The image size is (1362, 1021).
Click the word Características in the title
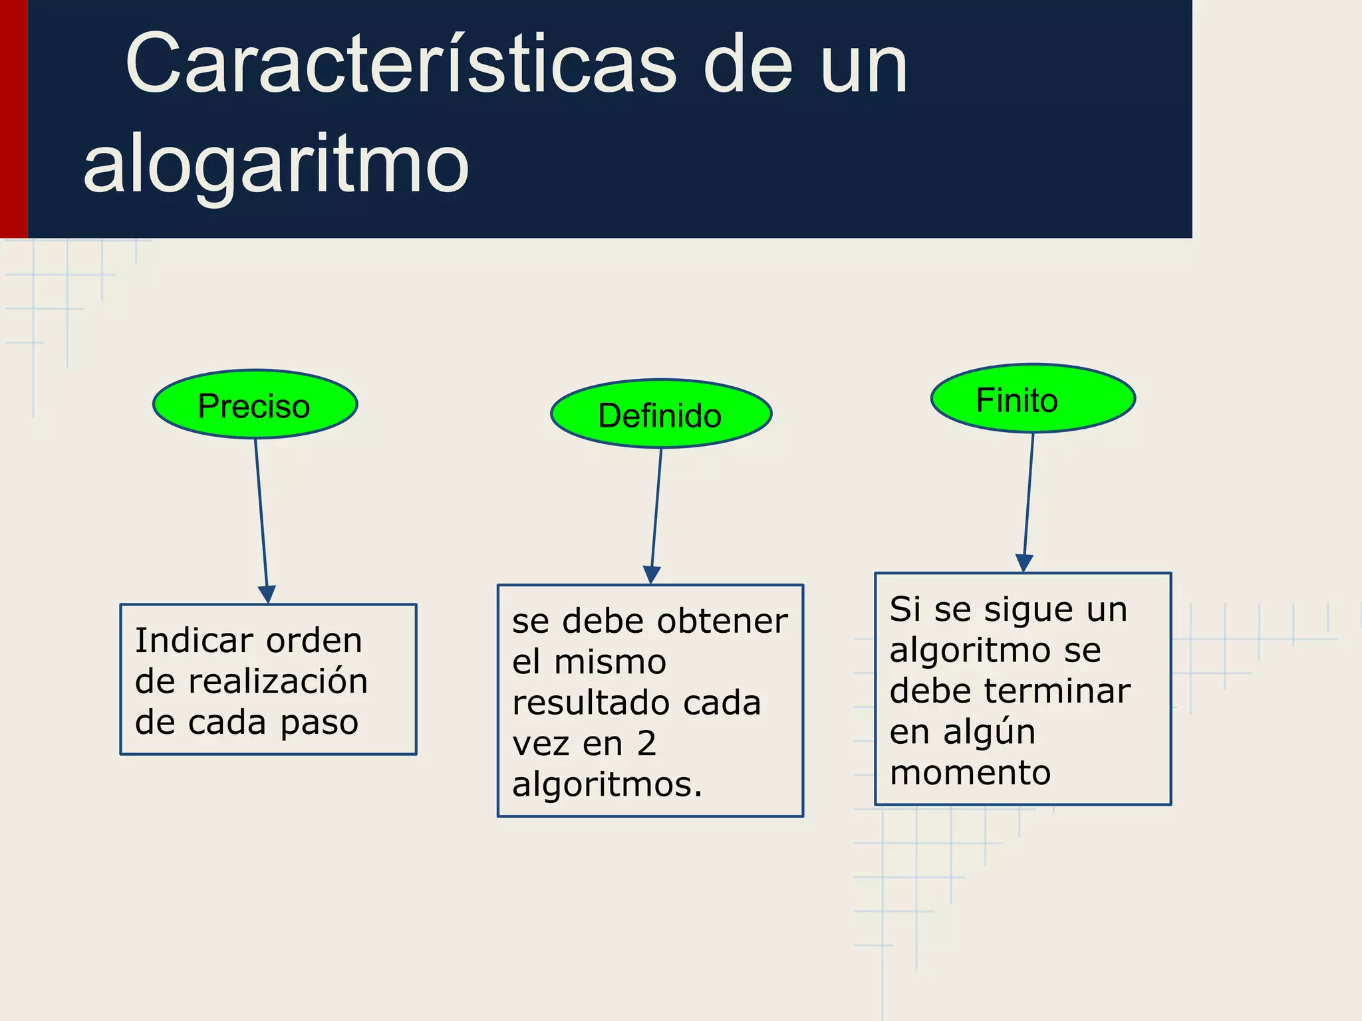(400, 65)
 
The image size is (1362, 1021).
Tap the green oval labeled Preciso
(255, 404)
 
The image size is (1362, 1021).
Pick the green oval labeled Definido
(660, 414)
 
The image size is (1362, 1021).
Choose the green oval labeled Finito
(1032, 398)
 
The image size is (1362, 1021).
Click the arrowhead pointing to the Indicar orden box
(267, 594)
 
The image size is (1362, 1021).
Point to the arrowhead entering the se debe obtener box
(652, 575)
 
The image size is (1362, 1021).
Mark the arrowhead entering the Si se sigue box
(1024, 563)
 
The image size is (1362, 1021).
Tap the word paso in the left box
(319, 723)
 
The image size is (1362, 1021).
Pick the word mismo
(610, 662)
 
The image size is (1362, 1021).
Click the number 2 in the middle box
(646, 744)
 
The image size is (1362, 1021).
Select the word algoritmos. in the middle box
(607, 785)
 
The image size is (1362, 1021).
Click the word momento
(970, 773)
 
